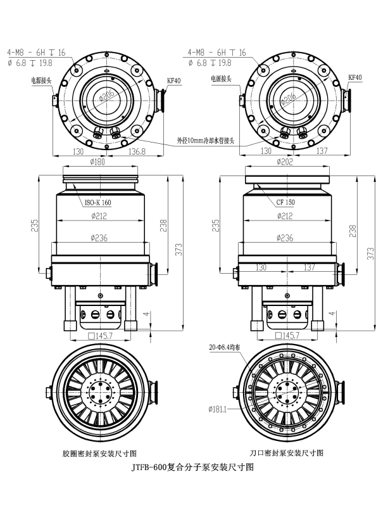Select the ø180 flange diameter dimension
click(99, 162)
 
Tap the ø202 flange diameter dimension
click(285, 162)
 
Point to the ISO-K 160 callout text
click(98, 203)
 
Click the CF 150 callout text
click(285, 203)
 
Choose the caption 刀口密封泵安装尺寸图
click(286, 453)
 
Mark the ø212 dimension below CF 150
click(285, 216)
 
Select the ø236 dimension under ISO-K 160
click(100, 238)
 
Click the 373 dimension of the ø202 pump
click(370, 252)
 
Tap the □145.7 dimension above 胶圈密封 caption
click(100, 336)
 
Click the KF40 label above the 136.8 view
click(174, 80)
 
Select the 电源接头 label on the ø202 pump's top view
click(222, 80)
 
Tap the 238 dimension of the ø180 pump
click(163, 225)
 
